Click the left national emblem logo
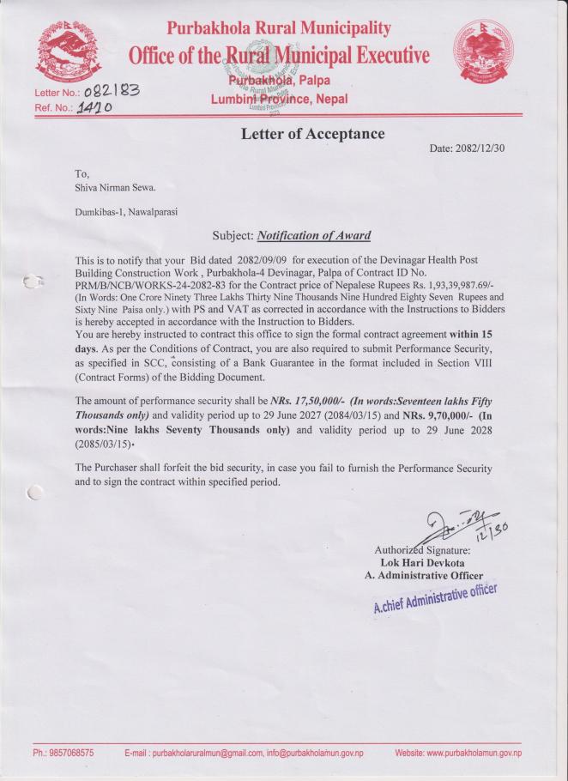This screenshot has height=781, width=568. point(63,53)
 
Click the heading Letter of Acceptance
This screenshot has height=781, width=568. point(312,134)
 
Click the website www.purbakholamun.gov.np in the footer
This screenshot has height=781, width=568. point(458,753)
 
